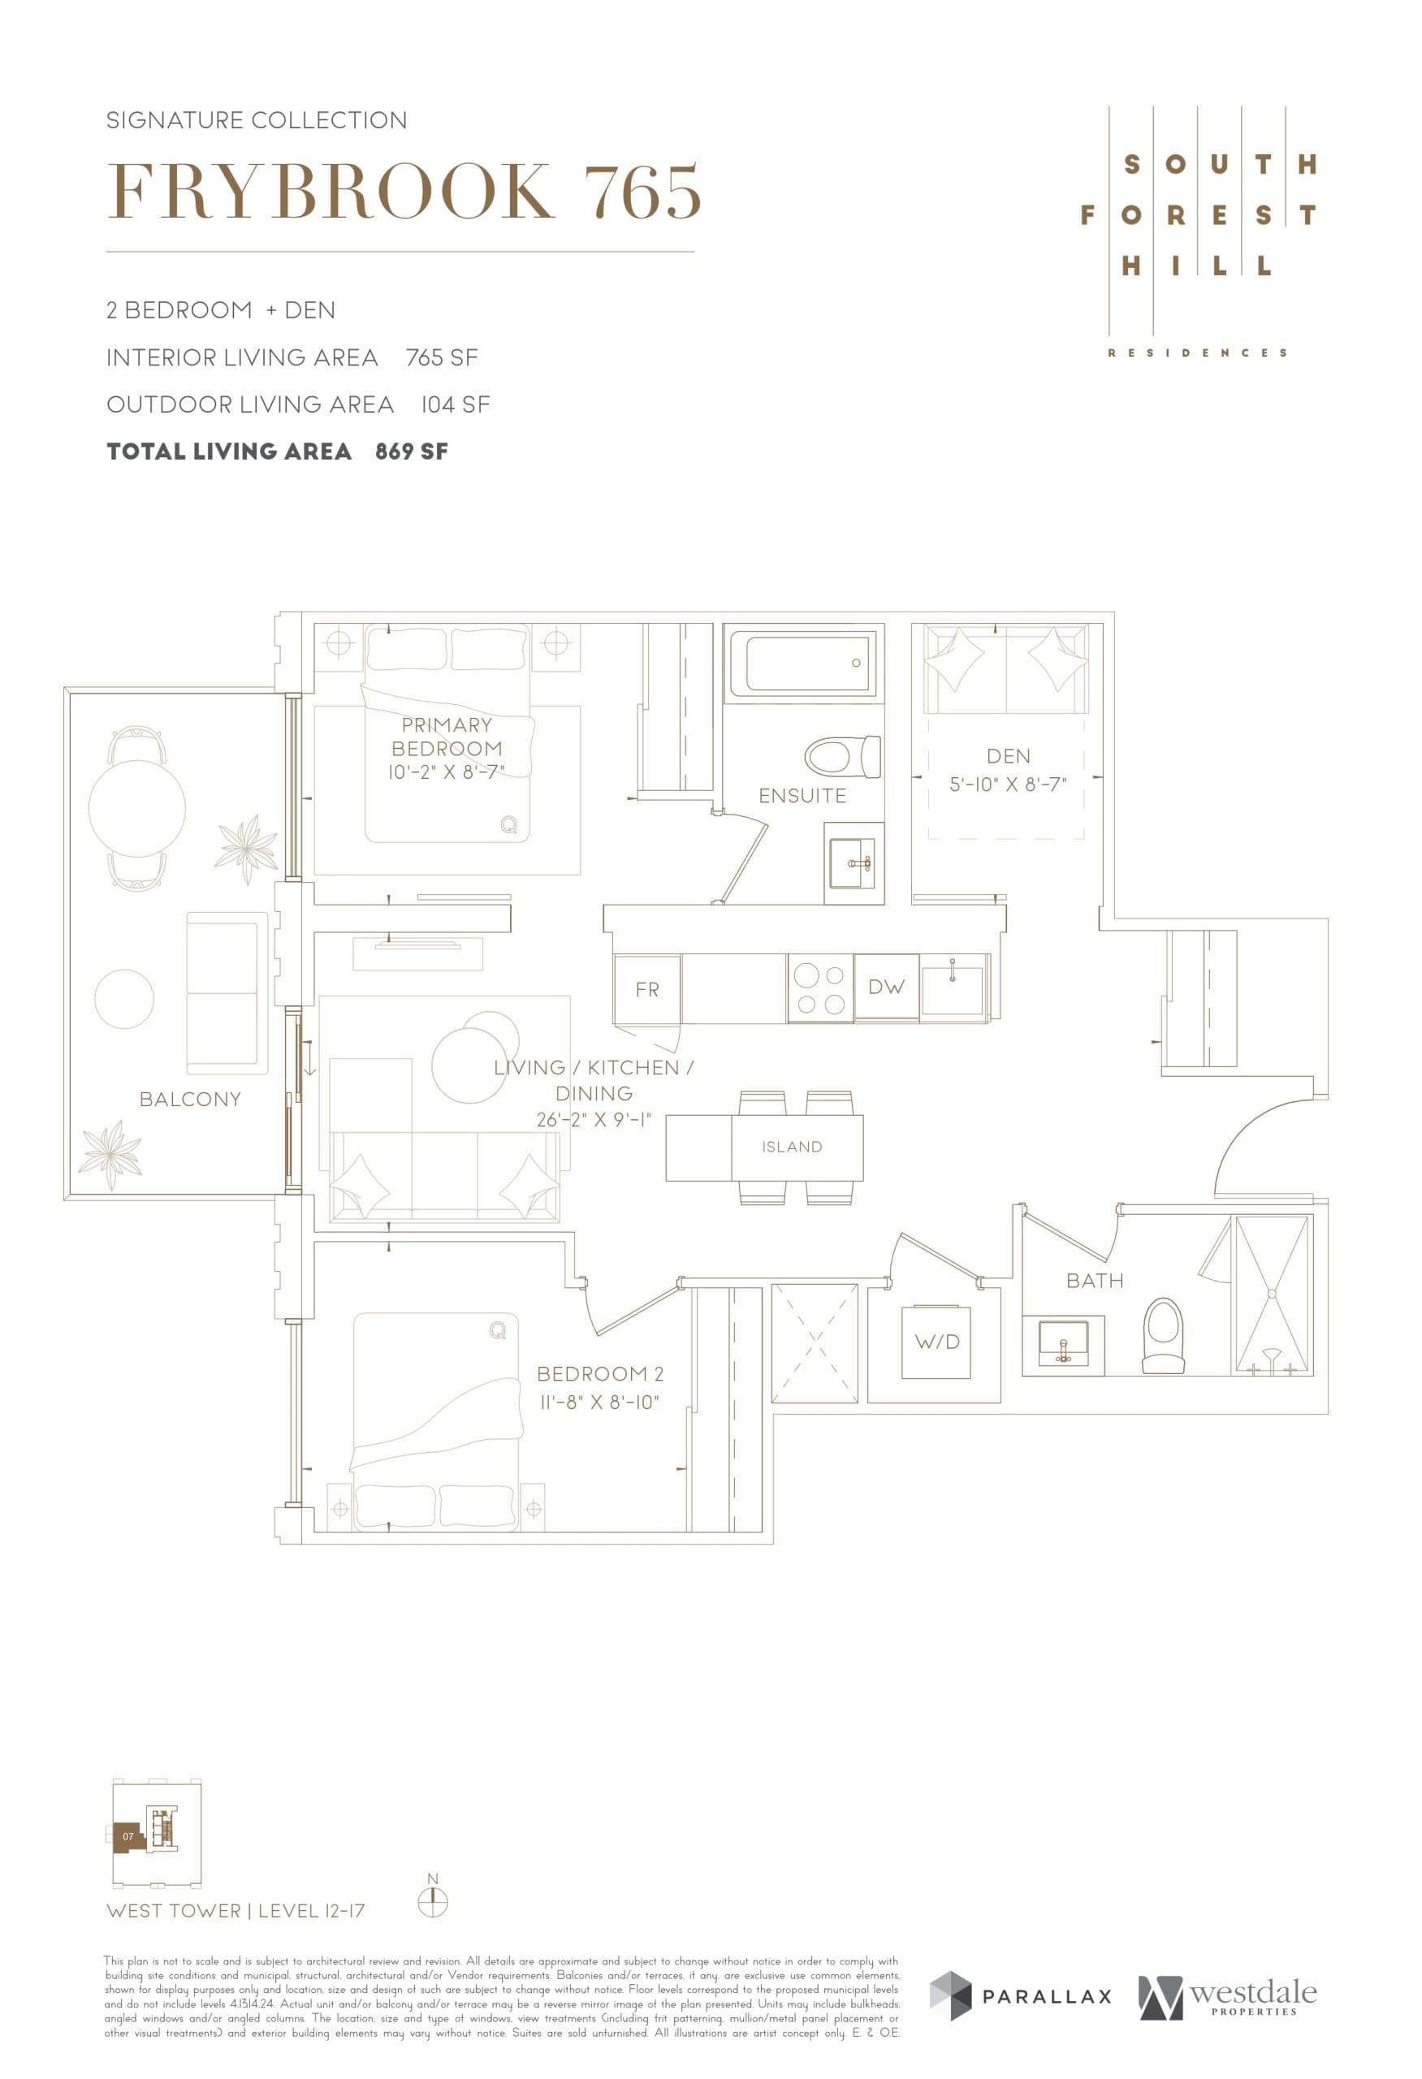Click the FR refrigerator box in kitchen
coord(646,989)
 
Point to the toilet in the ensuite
coord(841,757)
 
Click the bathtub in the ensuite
coord(802,663)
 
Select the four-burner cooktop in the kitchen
coord(820,989)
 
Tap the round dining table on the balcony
coord(136,807)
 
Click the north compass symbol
coord(433,1902)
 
